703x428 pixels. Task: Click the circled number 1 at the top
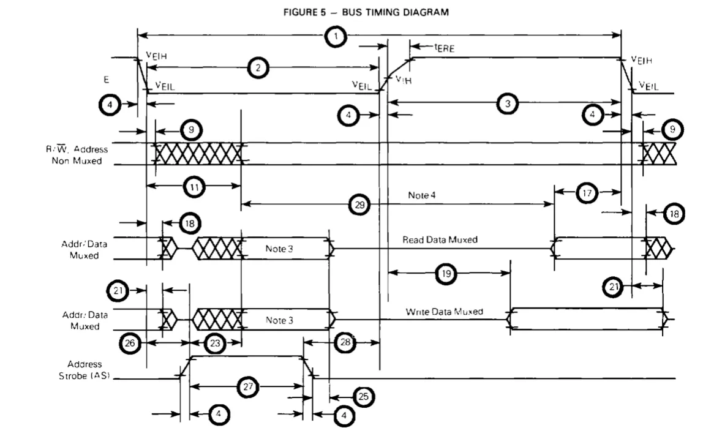tap(336, 36)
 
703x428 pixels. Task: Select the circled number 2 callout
tap(258, 68)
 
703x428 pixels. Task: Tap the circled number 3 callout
tap(508, 103)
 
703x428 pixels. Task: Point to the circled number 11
tap(194, 186)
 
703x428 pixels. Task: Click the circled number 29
tap(359, 205)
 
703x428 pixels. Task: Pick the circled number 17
tap(587, 193)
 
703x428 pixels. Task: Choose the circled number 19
tap(446, 273)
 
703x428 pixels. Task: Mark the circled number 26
tap(130, 343)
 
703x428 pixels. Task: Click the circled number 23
tap(215, 343)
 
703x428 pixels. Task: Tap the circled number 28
tap(345, 342)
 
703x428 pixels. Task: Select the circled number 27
tap(248, 386)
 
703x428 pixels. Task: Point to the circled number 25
tap(364, 396)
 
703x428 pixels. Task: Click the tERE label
tap(445, 47)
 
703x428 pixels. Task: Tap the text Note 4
tap(421, 195)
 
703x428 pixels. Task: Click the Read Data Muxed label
tap(440, 239)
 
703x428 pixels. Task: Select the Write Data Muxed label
tap(445, 312)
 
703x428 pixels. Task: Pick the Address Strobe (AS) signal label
tap(85, 370)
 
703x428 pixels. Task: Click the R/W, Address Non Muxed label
tap(77, 155)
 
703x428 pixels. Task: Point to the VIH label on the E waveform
tap(404, 80)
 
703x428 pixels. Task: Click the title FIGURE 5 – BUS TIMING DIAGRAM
tap(366, 12)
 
